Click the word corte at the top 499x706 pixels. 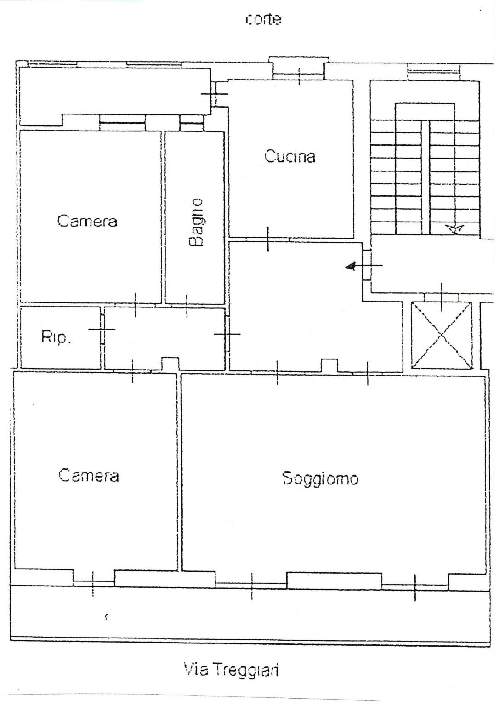[x=263, y=20]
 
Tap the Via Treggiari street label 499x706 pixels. [x=231, y=670]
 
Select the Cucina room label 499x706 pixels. [x=289, y=156]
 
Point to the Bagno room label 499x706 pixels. [x=196, y=222]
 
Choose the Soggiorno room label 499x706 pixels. [x=320, y=478]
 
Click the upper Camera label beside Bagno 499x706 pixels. [x=87, y=221]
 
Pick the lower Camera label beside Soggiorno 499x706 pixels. [x=89, y=475]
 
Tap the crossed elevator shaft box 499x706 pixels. [x=442, y=335]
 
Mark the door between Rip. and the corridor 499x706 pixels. [x=102, y=330]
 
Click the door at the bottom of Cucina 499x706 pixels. [x=268, y=239]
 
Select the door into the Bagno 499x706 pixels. [x=187, y=305]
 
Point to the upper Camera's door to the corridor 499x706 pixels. [x=135, y=305]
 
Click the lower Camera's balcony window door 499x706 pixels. [x=93, y=583]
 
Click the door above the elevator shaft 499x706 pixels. [x=442, y=297]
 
